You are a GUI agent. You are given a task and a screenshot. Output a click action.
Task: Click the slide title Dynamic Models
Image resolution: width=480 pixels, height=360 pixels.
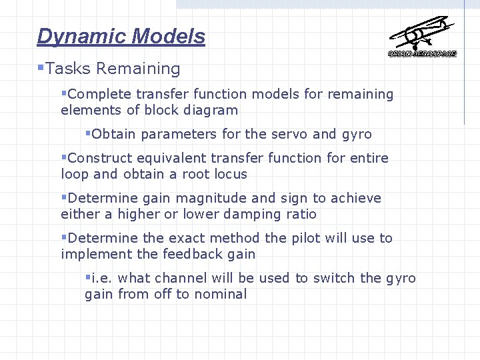point(121,36)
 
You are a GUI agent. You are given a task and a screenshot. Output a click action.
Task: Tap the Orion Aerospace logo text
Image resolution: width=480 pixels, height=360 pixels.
point(422,53)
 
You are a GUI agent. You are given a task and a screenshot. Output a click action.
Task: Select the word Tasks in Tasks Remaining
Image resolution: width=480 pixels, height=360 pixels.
point(69,69)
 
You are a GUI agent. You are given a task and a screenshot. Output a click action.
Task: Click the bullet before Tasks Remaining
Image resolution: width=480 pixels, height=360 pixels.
point(41,67)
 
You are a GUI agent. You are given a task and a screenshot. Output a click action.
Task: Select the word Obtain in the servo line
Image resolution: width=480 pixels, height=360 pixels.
point(114,135)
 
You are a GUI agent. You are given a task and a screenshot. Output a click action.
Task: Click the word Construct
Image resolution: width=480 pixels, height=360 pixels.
point(100,159)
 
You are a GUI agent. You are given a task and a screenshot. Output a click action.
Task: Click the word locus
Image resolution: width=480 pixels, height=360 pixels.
point(230,175)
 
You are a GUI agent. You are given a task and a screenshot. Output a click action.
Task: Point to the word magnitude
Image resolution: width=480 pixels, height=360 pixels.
point(215,199)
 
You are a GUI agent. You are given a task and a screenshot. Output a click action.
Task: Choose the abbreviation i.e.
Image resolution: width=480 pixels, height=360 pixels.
point(102,279)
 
